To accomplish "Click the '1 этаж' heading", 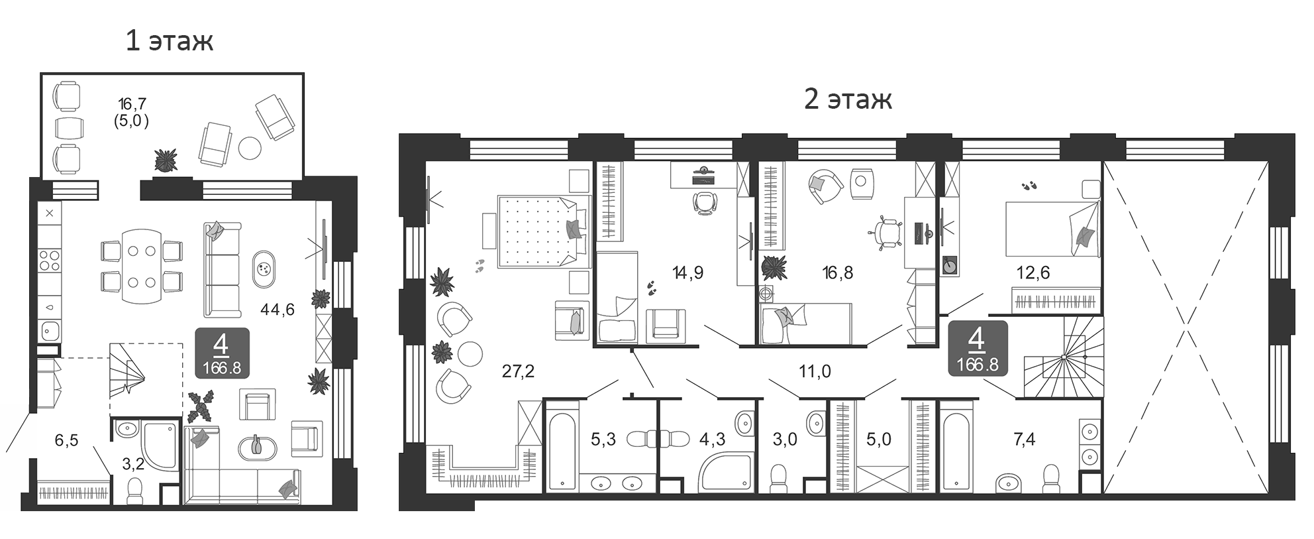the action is click(170, 41).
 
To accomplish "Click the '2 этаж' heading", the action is click(848, 99).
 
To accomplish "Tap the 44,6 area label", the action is click(278, 309).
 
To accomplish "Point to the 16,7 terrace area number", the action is click(132, 104).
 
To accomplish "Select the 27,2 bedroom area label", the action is click(518, 371).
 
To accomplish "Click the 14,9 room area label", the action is click(687, 272).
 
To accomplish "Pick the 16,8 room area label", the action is click(838, 272).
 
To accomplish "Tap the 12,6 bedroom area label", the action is click(1034, 272).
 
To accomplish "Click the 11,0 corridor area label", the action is click(815, 371).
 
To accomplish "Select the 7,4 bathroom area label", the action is click(1024, 439).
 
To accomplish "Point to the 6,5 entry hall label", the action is click(66, 440).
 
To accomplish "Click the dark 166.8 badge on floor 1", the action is click(222, 353).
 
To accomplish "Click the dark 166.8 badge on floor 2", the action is click(978, 349).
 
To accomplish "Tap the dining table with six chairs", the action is click(142, 267).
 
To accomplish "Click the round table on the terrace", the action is click(250, 149).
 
